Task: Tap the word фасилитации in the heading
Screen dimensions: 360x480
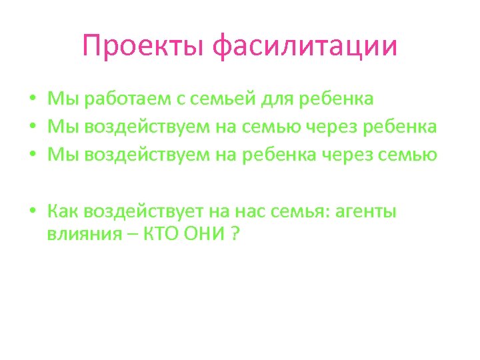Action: [x=304, y=47]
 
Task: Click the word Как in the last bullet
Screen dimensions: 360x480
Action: [x=63, y=211]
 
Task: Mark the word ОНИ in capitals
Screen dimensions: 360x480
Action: [x=207, y=235]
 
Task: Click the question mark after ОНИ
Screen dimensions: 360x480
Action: [x=235, y=235]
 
